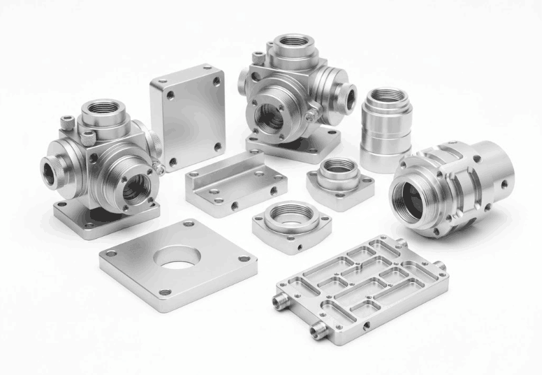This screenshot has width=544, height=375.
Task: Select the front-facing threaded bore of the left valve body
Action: (135, 185)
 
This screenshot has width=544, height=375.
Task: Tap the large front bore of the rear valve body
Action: (269, 117)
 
